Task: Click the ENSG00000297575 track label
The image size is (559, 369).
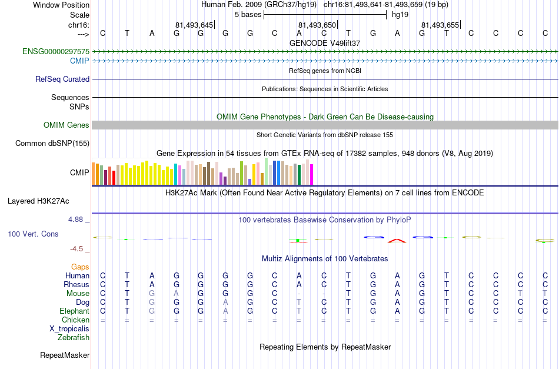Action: (56, 52)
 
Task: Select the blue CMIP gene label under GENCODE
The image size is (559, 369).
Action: (79, 61)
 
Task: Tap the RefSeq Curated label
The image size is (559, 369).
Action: (62, 79)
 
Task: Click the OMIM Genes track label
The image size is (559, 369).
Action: (66, 125)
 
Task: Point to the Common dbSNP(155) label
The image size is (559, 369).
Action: (52, 144)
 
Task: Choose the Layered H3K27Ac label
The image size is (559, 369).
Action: (38, 201)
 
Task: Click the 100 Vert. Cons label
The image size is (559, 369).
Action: (33, 234)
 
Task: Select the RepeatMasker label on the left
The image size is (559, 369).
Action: (65, 355)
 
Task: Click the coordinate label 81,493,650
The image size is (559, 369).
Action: (317, 25)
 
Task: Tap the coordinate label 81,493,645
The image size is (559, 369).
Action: (194, 25)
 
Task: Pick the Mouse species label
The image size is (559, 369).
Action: (78, 294)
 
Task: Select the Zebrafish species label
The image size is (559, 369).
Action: (74, 337)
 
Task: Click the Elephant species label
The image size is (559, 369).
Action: (74, 311)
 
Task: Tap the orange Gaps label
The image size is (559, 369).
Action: (80, 267)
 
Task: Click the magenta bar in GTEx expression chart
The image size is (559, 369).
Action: (312, 174)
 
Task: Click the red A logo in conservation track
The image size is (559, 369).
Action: (397, 241)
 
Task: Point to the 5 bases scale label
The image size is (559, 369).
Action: (248, 15)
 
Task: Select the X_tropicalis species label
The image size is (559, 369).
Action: (69, 329)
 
